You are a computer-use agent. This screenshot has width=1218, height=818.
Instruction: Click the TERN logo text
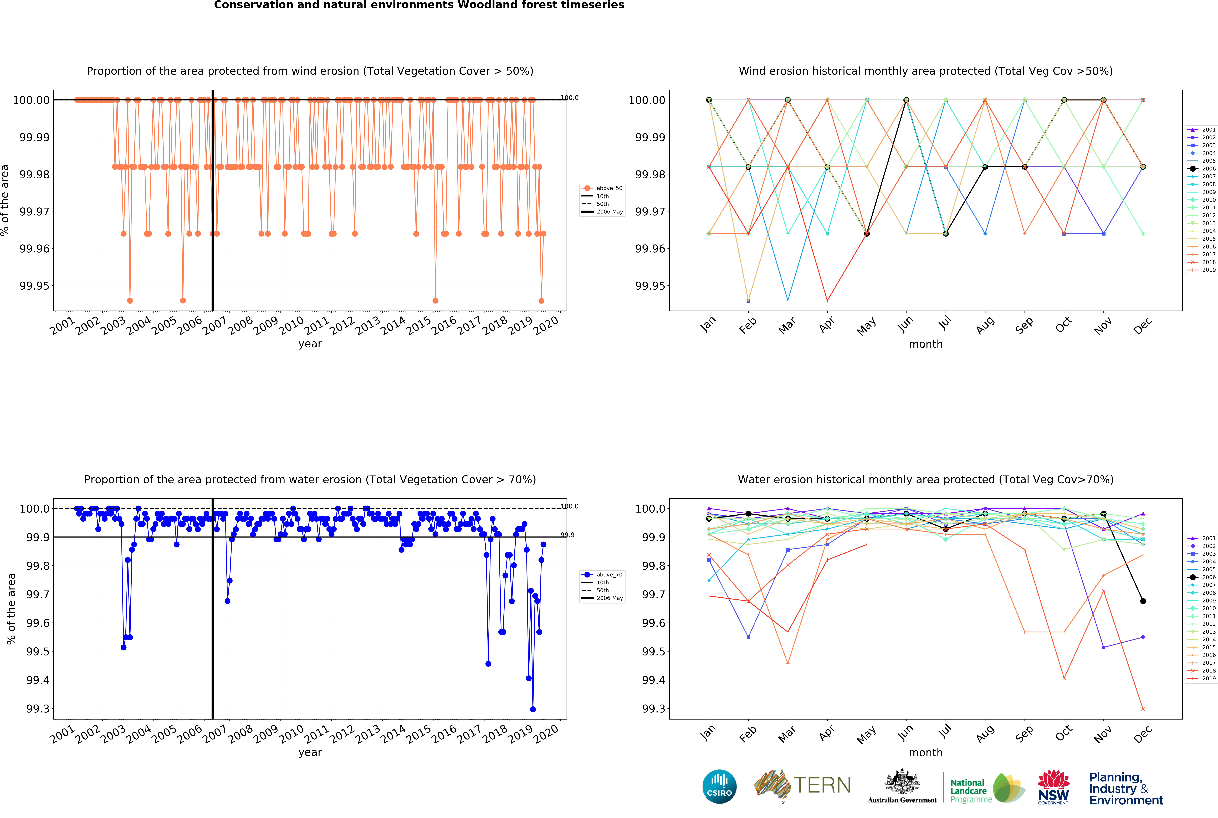tap(822, 785)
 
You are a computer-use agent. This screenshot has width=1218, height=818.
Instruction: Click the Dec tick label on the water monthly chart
tap(1142, 734)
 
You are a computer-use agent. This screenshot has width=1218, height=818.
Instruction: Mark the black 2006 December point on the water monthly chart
tap(1143, 601)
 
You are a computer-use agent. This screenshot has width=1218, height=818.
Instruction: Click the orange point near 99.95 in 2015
tap(435, 300)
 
